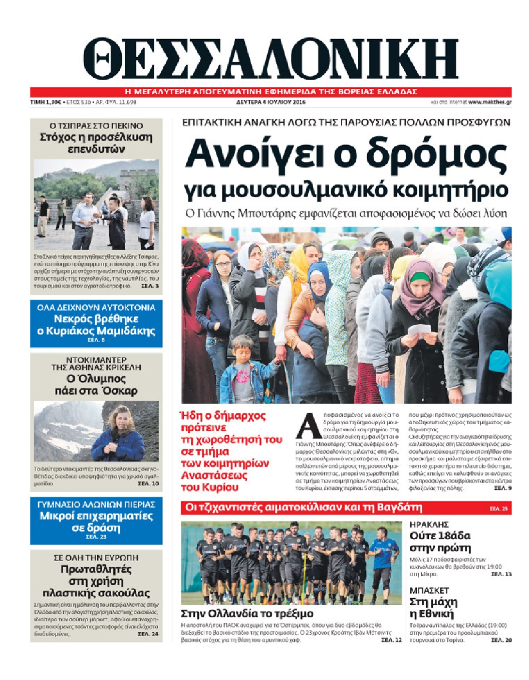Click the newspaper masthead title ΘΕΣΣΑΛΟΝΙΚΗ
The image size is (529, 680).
tap(271, 59)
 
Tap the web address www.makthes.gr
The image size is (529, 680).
tap(489, 102)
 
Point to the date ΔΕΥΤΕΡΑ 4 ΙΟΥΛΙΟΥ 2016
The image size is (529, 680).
tap(271, 102)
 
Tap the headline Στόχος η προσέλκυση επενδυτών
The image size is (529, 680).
tap(96, 143)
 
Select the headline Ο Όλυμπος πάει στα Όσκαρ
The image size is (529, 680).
tap(96, 384)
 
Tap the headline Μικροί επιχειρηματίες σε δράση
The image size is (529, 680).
tap(96, 522)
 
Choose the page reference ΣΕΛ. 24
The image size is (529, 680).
tap(148, 634)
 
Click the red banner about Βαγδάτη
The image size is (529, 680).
tap(346, 507)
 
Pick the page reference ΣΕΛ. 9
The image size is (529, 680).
tap(502, 487)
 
